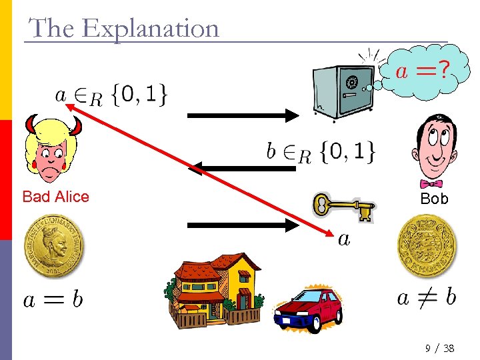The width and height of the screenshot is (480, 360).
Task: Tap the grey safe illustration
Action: tap(343, 90)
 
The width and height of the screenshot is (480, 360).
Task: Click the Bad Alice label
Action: tap(55, 197)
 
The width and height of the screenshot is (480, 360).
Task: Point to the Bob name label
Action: tap(434, 199)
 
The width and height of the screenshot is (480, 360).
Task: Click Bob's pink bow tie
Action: tap(431, 183)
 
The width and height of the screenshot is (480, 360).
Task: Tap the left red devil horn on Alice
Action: tap(31, 125)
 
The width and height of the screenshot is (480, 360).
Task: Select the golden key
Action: tap(344, 207)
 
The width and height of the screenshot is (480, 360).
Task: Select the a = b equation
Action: tap(53, 300)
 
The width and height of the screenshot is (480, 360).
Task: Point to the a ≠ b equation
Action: tap(427, 297)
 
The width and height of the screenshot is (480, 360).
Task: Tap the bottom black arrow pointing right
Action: tap(244, 225)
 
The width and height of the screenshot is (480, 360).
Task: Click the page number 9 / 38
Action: tap(439, 349)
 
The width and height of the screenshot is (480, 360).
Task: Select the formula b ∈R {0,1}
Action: tap(320, 153)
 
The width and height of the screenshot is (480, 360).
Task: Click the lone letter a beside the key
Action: tap(344, 239)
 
